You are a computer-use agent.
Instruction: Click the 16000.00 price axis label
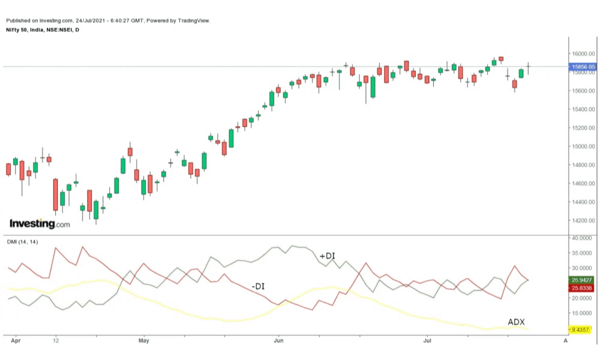click(582, 54)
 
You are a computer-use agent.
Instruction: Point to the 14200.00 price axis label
click(582, 220)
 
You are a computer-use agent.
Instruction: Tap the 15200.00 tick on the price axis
click(582, 128)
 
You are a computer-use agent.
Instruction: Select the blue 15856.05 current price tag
click(583, 67)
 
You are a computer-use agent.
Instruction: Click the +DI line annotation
click(327, 256)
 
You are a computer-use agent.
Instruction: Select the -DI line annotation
click(257, 287)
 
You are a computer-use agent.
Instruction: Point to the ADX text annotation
click(517, 322)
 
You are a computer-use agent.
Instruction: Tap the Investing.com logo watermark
click(40, 224)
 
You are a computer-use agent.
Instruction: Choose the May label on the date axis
click(143, 340)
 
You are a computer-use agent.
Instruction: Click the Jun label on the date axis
click(278, 340)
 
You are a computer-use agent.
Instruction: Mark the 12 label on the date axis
click(56, 340)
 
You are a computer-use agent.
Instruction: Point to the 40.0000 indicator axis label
click(582, 238)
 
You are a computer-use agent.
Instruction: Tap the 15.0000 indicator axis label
click(582, 313)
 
